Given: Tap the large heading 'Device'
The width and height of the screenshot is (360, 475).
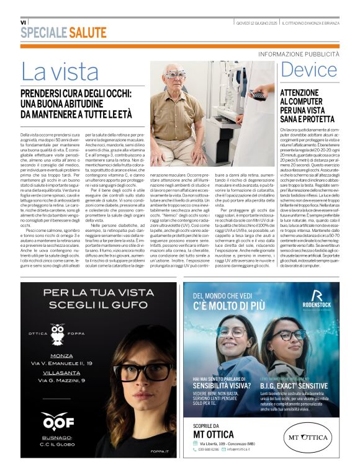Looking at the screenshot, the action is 309,69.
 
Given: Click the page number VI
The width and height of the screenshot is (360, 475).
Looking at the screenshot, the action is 24,22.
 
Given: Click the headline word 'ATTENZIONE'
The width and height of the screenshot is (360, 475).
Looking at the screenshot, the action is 300,92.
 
